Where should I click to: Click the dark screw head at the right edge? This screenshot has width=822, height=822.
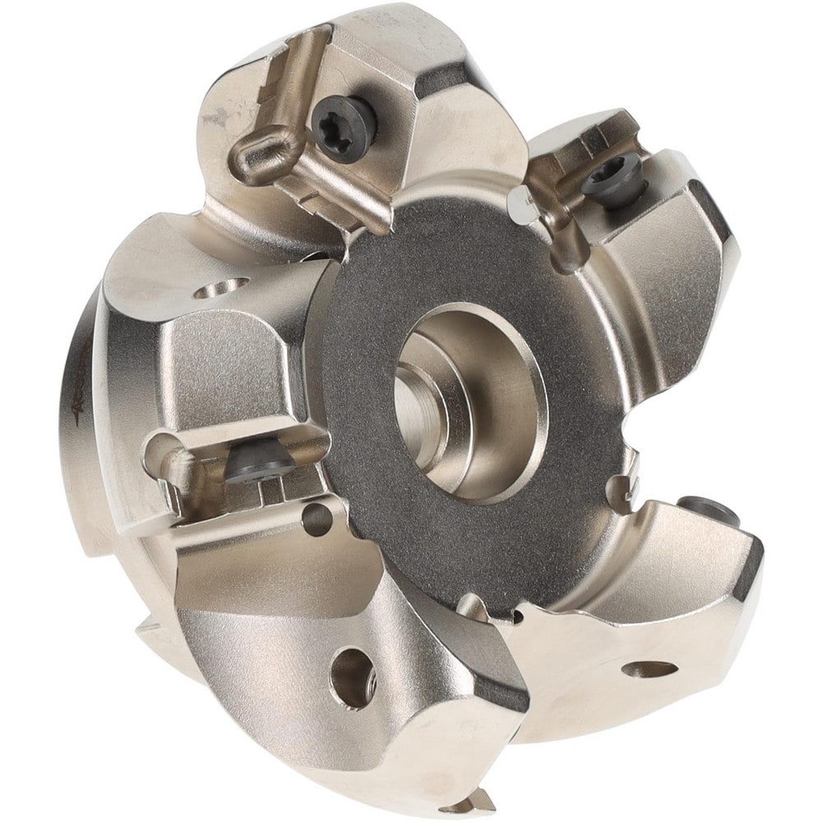click(707, 509)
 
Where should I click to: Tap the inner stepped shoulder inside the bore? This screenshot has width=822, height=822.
click(423, 403)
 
